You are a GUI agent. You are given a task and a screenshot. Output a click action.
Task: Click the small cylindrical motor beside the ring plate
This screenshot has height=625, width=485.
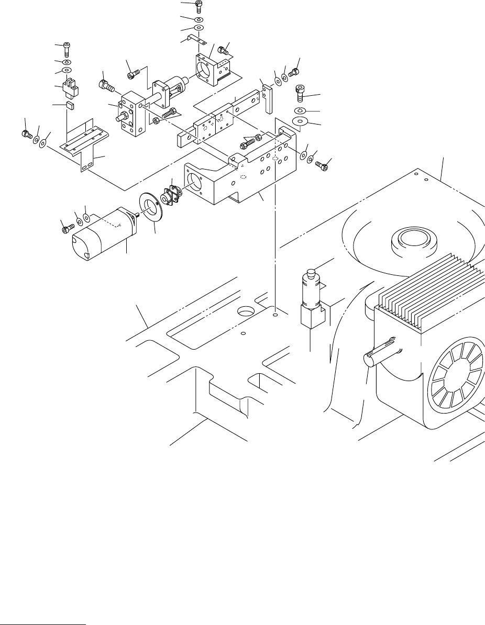102,234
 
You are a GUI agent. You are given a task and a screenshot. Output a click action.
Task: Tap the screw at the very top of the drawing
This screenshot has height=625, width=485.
199,5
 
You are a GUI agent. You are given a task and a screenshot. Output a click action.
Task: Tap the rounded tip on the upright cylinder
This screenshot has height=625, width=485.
311,273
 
